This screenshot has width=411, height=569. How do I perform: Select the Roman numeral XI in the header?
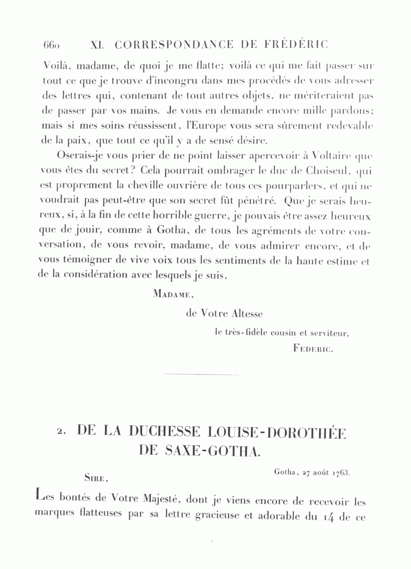(x=97, y=45)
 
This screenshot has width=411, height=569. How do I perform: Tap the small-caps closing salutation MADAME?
(x=174, y=295)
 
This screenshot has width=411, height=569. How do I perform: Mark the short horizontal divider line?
(x=200, y=375)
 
